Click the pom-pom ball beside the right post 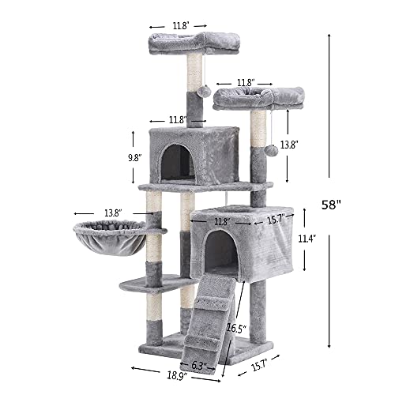coord(271,149)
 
